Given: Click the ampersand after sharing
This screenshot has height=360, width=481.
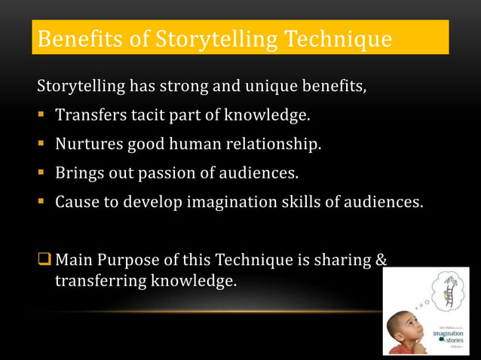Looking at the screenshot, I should [381, 260].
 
